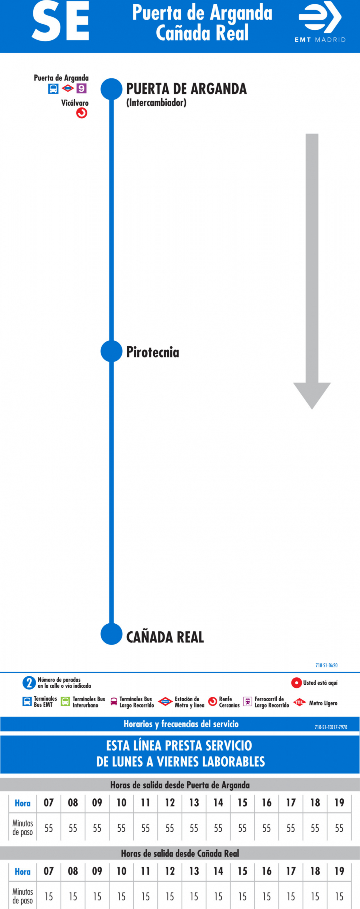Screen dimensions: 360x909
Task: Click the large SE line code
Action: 60,21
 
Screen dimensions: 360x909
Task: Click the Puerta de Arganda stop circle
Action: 111,89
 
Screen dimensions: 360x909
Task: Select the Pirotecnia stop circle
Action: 111,351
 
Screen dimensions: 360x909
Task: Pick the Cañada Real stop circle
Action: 111,634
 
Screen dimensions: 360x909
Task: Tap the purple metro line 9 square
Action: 82,88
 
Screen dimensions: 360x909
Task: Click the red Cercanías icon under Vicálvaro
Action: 82,113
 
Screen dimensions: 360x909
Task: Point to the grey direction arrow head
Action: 312,395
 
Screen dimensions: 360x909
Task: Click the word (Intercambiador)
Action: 156,103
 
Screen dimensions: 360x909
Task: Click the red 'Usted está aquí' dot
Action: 296,683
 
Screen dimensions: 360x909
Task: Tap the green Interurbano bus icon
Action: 65,702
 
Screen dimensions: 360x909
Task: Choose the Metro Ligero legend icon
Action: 299,702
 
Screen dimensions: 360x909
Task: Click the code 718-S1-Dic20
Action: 327,665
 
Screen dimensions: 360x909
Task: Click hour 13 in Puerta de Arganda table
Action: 194,803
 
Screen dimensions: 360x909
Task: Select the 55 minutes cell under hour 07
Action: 49,828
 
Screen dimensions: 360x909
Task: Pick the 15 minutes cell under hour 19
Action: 339,896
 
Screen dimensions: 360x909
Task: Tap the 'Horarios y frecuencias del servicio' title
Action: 181,724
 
